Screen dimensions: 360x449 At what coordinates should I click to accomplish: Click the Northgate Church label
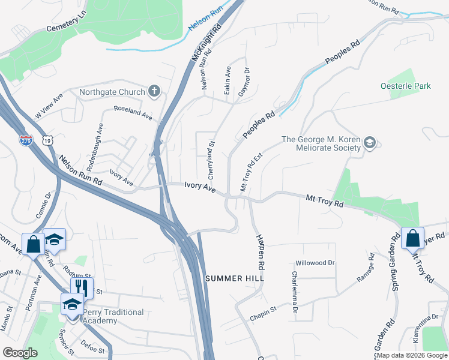[112, 92]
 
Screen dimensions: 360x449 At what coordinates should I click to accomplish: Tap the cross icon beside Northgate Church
[154, 92]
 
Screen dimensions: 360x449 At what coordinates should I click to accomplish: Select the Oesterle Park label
[406, 86]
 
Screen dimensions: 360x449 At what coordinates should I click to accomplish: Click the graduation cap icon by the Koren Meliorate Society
[370, 143]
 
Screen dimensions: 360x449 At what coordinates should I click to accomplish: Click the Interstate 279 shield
[26, 140]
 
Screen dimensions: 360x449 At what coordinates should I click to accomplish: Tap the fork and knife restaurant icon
[82, 286]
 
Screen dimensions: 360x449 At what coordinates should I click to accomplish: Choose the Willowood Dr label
[315, 263]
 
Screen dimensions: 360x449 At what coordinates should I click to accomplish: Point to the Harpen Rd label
[261, 251]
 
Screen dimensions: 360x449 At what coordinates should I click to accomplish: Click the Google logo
[20, 353]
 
